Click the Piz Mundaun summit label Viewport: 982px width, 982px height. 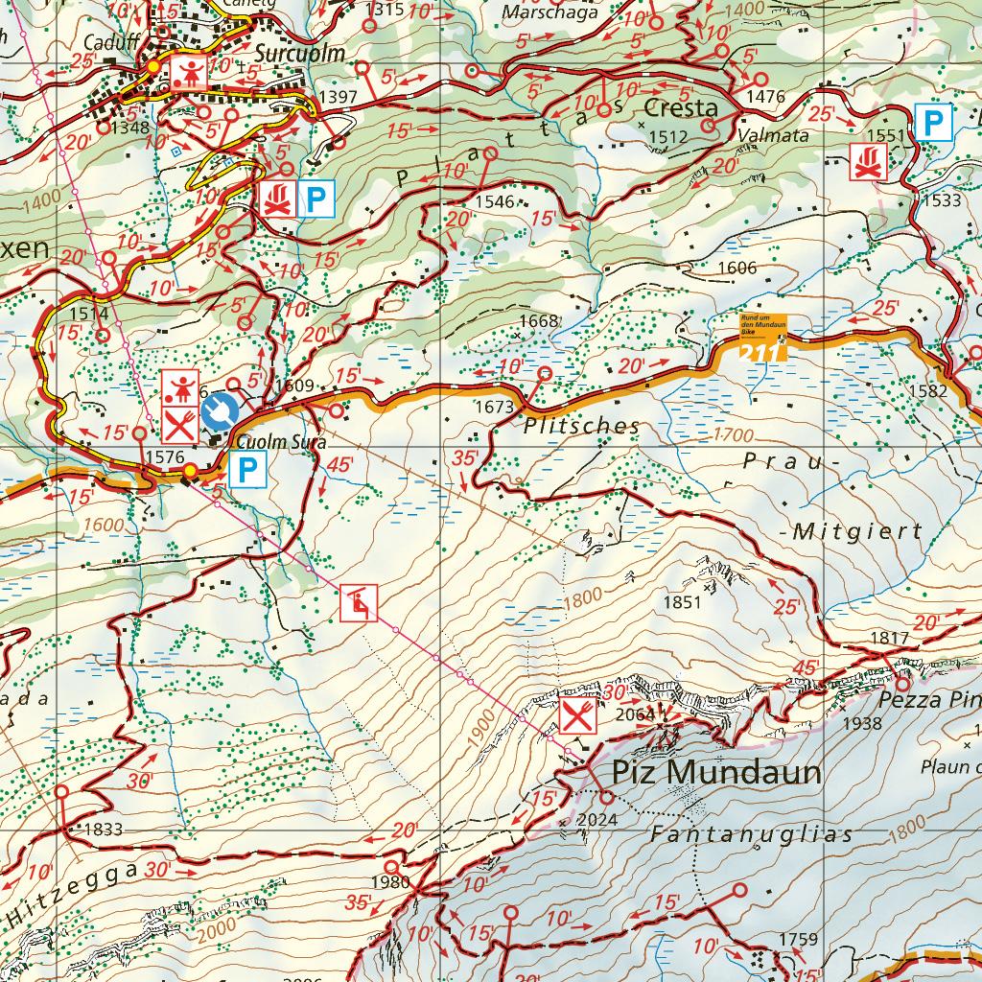(717, 772)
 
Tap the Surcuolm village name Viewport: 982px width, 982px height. (299, 53)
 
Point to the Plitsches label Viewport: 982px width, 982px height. (582, 425)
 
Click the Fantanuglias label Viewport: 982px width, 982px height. (751, 834)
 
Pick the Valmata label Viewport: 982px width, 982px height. (774, 136)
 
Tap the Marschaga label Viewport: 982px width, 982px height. (550, 13)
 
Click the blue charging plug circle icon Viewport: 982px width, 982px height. (220, 410)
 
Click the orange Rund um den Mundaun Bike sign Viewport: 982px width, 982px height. (762, 326)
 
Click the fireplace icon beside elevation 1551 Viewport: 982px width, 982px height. (868, 161)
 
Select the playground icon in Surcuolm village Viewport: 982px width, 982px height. (187, 69)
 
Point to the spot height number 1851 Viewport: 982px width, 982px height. (683, 602)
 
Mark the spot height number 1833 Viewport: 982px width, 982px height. (104, 830)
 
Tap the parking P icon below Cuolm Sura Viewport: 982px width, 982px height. (246, 470)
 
